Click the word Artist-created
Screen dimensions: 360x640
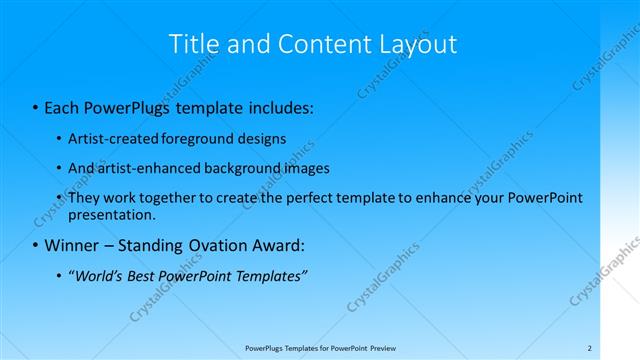click(x=105, y=139)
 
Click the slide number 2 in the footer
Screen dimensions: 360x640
click(x=589, y=348)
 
